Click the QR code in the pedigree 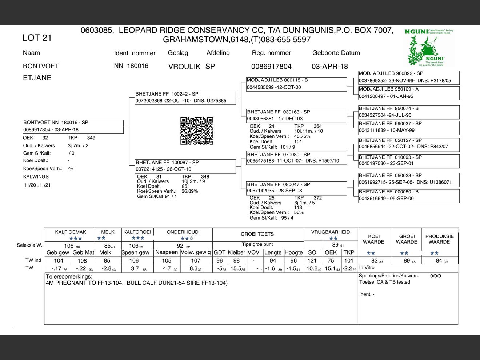click(x=197, y=131)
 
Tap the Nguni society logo click(x=429, y=48)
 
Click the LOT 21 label click(x=37, y=38)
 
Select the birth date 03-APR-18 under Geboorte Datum click(x=329, y=67)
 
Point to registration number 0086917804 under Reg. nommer click(x=271, y=67)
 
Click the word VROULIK click(x=184, y=67)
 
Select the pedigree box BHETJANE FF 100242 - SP click(x=185, y=97)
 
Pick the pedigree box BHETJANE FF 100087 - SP click(x=185, y=166)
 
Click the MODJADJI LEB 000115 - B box click(x=296, y=84)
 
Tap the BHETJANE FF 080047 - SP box click(x=296, y=188)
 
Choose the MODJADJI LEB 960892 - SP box click(x=409, y=77)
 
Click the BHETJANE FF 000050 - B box click(x=409, y=195)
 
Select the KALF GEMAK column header click(x=71, y=232)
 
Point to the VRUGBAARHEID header click(x=331, y=232)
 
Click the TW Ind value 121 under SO click(x=312, y=260)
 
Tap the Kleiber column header click(x=236, y=252)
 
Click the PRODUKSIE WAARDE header click(x=439, y=239)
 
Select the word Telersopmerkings click(x=69, y=276)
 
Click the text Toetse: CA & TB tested click(x=384, y=282)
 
